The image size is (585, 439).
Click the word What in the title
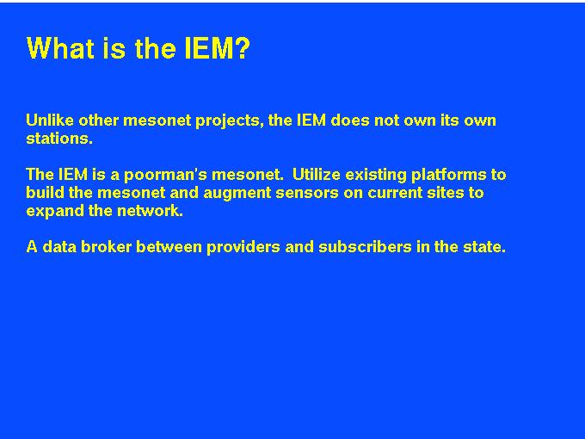tap(60, 48)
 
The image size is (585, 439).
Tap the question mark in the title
tap(243, 48)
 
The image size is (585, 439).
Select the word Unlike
tap(50, 121)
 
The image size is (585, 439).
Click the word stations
tap(59, 139)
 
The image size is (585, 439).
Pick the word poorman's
tap(165, 176)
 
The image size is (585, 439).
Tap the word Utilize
tap(317, 175)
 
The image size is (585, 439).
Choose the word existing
tap(376, 176)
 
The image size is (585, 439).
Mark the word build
tap(45, 193)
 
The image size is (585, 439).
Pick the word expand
tap(55, 212)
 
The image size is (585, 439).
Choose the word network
tap(150, 211)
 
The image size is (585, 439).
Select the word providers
tap(243, 248)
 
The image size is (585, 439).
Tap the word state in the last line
tap(484, 247)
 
